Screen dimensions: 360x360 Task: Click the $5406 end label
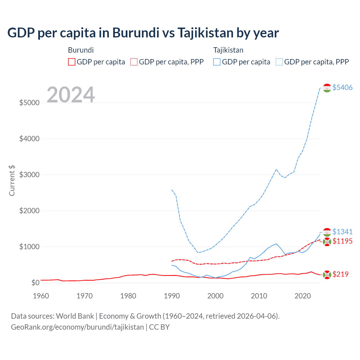click(x=342, y=87)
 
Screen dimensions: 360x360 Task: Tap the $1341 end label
click(x=342, y=232)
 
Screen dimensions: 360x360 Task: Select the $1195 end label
click(x=342, y=241)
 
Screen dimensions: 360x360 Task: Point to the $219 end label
click(x=340, y=274)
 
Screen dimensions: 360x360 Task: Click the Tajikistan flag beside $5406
click(x=327, y=88)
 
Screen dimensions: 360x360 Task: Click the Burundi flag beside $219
click(x=327, y=274)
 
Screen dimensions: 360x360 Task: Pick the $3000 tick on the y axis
click(x=29, y=175)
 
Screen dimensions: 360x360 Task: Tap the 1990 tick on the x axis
click(x=172, y=296)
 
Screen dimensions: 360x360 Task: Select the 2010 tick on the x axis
click(x=259, y=296)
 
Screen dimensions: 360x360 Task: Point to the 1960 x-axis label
click(x=41, y=296)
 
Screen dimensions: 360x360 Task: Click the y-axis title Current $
click(x=12, y=180)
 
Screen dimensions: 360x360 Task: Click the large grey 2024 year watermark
click(x=71, y=95)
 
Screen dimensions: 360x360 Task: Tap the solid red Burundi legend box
click(x=72, y=62)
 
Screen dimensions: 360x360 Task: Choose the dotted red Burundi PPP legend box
click(x=134, y=62)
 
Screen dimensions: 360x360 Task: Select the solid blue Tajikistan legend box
click(x=217, y=62)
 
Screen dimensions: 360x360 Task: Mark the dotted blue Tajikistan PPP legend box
click(x=279, y=62)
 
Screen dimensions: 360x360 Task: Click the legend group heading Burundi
click(x=81, y=50)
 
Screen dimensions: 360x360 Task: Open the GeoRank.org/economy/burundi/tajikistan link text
click(x=77, y=327)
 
